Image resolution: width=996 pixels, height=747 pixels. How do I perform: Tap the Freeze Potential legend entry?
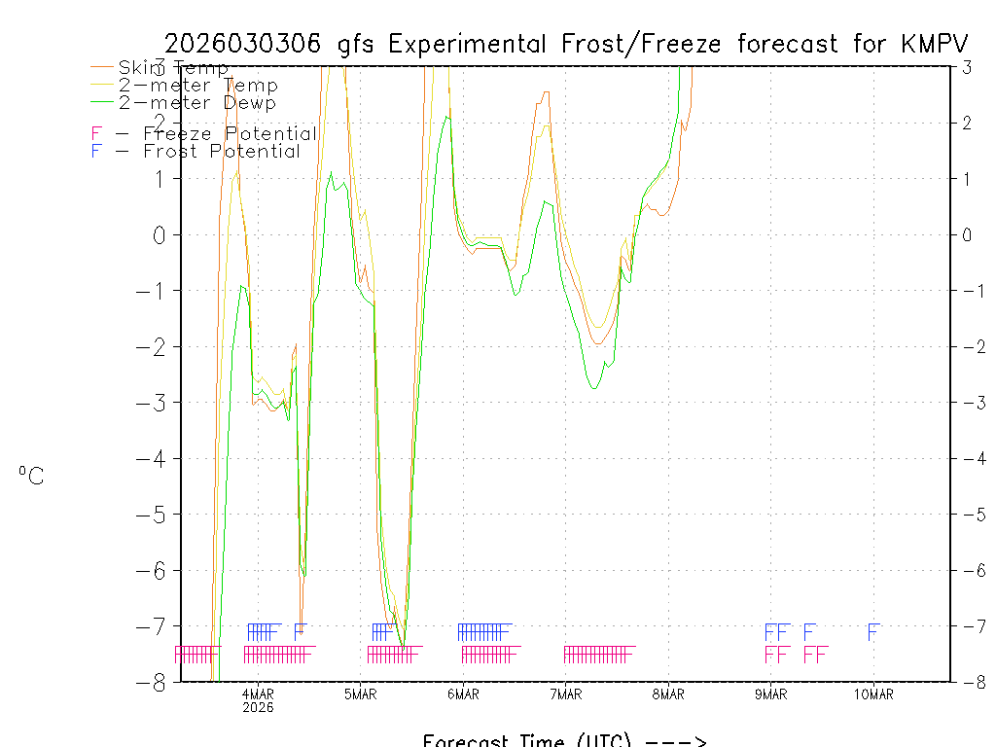tap(204, 133)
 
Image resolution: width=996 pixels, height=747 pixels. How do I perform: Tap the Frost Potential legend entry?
tap(196, 151)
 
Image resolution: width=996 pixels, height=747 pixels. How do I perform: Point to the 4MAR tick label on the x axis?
tap(258, 694)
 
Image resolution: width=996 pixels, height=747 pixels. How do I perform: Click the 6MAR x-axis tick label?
tap(463, 694)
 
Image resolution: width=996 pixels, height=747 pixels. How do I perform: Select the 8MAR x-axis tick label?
tap(668, 694)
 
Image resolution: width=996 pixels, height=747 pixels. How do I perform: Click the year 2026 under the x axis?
tap(258, 708)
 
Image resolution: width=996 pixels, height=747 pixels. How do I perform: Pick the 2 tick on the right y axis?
tap(968, 123)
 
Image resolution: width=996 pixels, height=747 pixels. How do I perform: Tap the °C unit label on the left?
tap(31, 476)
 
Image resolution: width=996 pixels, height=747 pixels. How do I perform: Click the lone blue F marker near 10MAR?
tap(873, 632)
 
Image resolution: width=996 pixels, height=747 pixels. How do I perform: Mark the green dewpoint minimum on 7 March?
tap(593, 388)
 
